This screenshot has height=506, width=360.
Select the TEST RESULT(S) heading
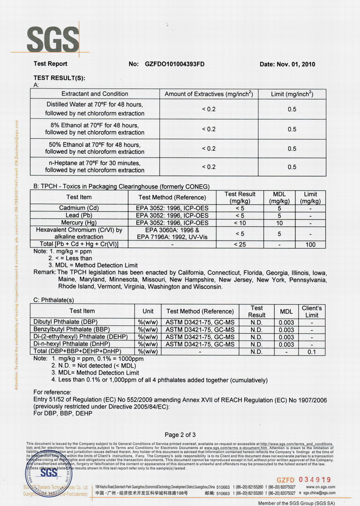tap(59, 77)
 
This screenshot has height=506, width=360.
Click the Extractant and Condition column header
tap(94, 94)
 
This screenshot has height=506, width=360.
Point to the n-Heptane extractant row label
tap(94, 166)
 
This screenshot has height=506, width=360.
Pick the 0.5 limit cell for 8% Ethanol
tap(292, 129)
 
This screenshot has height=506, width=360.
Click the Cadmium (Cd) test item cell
tap(79, 208)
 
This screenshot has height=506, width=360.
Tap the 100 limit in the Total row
tap(310, 244)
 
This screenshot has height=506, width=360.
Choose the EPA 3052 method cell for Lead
tap(172, 215)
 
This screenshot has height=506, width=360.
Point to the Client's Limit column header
tap(312, 311)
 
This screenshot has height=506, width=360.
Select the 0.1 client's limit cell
tap(312, 351)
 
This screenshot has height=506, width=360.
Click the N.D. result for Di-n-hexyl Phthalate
tap(256, 344)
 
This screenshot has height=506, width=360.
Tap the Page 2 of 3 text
tap(180, 434)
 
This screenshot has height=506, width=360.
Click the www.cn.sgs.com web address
tap(320, 487)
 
